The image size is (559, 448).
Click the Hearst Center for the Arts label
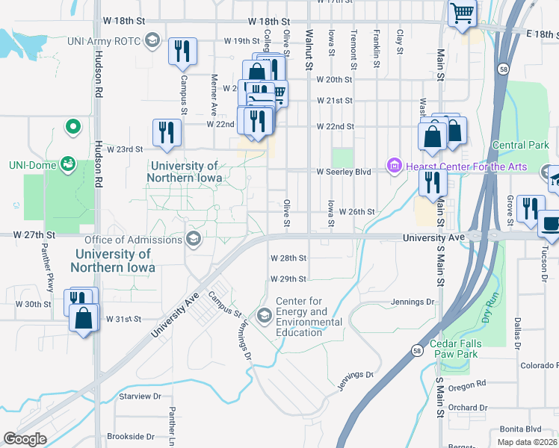click(x=466, y=167)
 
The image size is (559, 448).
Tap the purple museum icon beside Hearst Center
click(x=394, y=165)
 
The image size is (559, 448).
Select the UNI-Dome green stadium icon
click(x=68, y=162)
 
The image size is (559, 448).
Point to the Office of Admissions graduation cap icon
click(x=193, y=239)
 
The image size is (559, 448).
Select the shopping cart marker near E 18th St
click(x=463, y=13)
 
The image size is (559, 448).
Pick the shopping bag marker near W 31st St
click(x=84, y=319)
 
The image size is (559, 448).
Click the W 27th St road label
click(x=29, y=234)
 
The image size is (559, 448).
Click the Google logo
click(x=25, y=438)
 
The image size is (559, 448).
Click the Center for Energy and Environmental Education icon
click(x=264, y=316)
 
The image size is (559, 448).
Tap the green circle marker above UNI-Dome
click(x=72, y=128)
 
